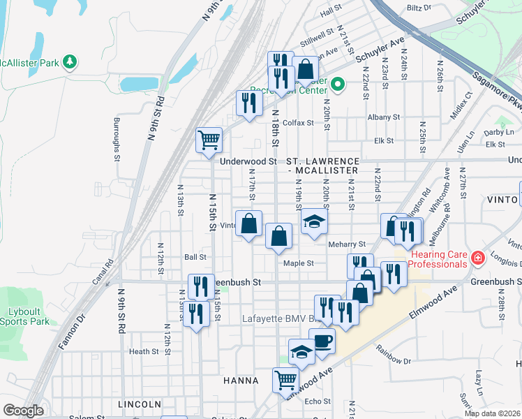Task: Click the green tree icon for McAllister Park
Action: click(69, 62)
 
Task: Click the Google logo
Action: click(23, 411)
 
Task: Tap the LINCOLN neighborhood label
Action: click(140, 404)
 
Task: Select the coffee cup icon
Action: click(322, 341)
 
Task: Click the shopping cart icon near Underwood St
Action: click(209, 140)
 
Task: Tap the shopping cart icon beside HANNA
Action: click(285, 380)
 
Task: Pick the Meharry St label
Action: click(347, 244)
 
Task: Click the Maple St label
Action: click(299, 263)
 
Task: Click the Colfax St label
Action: click(299, 122)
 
